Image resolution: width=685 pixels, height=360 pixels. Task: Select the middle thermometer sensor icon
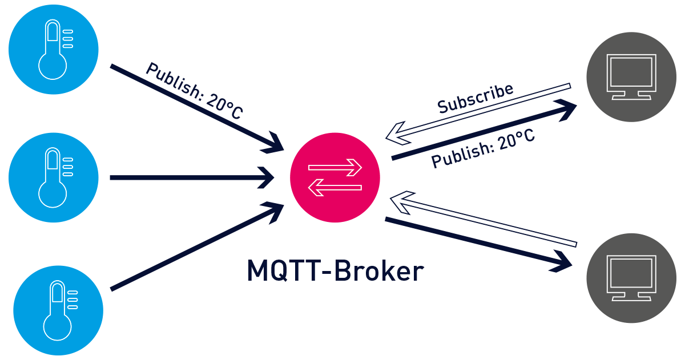click(x=54, y=177)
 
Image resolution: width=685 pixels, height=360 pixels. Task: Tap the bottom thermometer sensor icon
click(x=58, y=309)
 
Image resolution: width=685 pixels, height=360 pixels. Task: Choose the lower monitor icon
click(x=631, y=278)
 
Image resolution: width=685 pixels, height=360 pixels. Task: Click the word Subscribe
click(x=475, y=99)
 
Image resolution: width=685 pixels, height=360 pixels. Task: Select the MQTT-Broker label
click(x=336, y=270)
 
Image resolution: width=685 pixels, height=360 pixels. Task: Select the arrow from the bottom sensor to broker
click(x=194, y=249)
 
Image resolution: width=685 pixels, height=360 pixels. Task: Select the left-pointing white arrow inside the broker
click(x=335, y=188)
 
